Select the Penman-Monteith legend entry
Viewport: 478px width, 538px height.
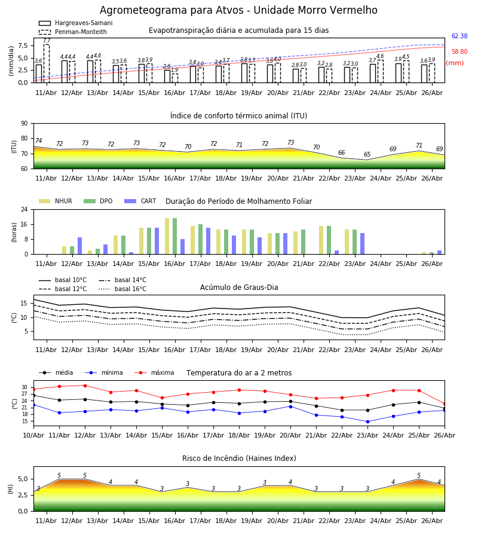(73, 32)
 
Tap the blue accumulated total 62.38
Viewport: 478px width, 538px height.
(459, 36)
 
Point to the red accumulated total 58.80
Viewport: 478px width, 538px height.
(459, 52)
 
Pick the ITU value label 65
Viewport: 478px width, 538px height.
(367, 154)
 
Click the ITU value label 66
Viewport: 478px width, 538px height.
(342, 152)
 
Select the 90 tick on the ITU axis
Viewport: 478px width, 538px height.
(24, 124)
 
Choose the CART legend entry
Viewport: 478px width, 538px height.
(140, 201)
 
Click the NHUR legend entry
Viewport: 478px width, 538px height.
(56, 201)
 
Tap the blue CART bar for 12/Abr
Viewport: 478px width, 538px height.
(80, 246)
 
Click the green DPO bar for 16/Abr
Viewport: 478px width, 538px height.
(175, 236)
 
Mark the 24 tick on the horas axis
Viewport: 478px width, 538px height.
(24, 209)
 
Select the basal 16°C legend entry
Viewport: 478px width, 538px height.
(122, 289)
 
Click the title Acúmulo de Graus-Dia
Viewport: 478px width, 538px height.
(239, 288)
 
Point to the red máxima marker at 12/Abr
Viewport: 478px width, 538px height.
(85, 386)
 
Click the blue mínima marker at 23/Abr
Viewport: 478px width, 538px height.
(368, 421)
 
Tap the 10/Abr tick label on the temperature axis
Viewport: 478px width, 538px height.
(33, 435)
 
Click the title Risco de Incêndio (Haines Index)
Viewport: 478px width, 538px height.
(239, 458)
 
